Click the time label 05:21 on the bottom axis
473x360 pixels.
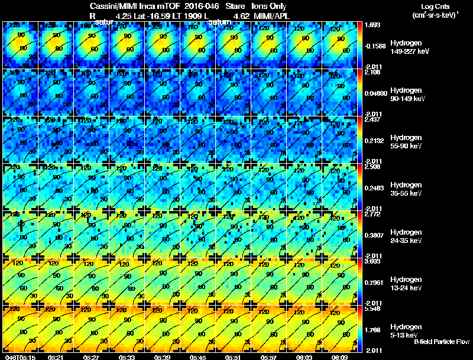coord(56,357)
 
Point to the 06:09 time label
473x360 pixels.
coord(340,357)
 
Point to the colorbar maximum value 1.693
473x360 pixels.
coord(372,25)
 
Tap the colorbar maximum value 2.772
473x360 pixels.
coord(372,214)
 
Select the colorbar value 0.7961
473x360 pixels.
coord(374,283)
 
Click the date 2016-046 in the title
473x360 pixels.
coord(197,6)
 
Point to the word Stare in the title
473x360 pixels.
coord(235,6)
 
